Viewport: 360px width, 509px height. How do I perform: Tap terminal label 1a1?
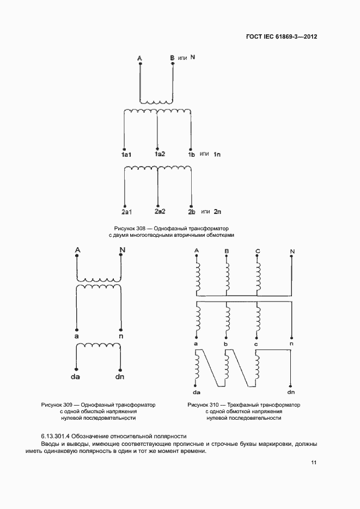(x=126, y=156)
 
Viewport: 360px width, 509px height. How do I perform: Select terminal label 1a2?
(x=160, y=155)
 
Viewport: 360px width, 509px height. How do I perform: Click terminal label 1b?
(x=191, y=156)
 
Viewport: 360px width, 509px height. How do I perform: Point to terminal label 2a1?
(x=127, y=211)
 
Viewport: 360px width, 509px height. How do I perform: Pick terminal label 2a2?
(x=160, y=211)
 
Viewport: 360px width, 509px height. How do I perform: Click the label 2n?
(x=217, y=211)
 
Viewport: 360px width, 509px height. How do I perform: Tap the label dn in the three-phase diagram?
(x=291, y=391)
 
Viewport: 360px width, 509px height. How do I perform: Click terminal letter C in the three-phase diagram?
(x=258, y=251)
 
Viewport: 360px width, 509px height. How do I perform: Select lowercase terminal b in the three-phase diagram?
(x=225, y=344)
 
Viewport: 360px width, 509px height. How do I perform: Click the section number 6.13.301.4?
(x=59, y=436)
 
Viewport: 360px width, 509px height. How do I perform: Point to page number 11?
(x=314, y=463)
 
